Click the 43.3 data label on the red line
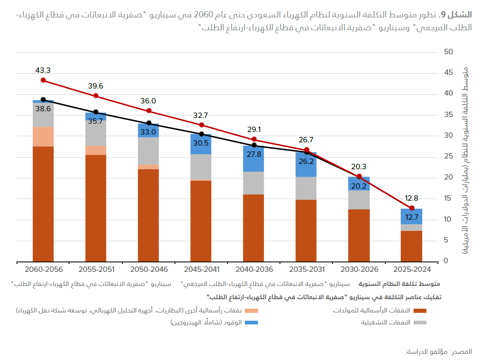[x=43, y=70]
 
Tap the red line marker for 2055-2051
[x=96, y=96]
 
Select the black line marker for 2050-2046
[x=149, y=123]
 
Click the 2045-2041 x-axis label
[x=201, y=269]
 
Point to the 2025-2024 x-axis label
[x=412, y=269]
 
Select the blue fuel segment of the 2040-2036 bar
[x=254, y=159]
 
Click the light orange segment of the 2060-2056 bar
[x=43, y=137]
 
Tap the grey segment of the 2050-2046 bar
[x=148, y=151]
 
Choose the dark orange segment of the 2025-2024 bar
[x=411, y=246]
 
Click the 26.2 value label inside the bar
[x=306, y=162]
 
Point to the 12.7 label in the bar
[x=411, y=217]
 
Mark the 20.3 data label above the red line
[x=359, y=167]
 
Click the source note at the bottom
[x=438, y=351]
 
